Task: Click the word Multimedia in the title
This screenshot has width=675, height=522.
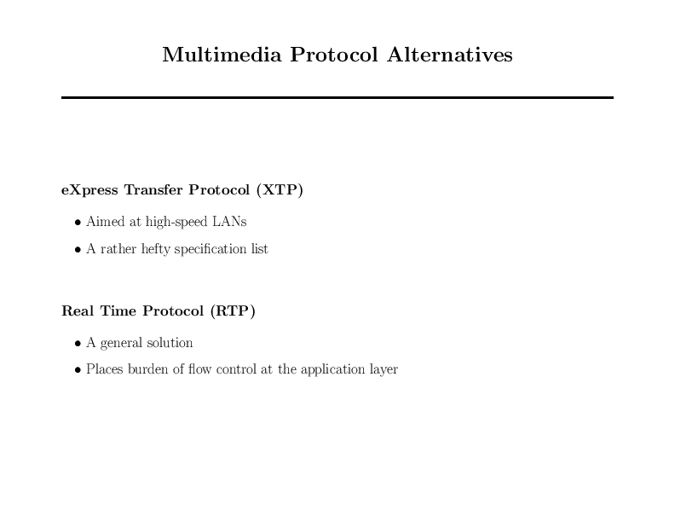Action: (222, 55)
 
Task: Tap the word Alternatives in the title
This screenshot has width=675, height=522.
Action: (450, 55)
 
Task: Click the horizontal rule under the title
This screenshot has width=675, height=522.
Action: (337, 98)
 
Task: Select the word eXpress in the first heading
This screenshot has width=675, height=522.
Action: (89, 190)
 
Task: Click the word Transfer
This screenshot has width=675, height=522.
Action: (153, 189)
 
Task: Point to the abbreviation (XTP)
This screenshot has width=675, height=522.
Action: (280, 189)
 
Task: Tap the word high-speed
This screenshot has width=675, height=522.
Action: (176, 222)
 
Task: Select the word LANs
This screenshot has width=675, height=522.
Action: (229, 222)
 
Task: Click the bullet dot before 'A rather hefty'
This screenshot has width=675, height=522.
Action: (78, 250)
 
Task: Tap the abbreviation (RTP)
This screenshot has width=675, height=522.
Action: (233, 310)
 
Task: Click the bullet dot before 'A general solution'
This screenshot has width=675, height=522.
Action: (78, 344)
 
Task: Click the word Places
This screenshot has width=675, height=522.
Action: (105, 369)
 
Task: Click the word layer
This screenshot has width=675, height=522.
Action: (384, 369)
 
